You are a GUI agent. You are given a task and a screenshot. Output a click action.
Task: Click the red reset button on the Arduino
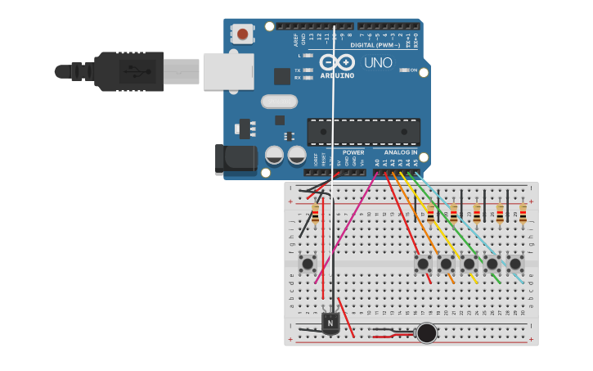[242, 34]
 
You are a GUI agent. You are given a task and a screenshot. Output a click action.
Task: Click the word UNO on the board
[378, 62]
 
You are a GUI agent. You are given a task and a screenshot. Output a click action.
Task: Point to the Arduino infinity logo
[336, 62]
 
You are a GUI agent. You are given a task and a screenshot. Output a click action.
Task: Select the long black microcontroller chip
[363, 131]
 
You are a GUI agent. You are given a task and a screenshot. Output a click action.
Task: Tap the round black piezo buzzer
[426, 333]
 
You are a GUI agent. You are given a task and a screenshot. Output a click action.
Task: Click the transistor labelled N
[330, 323]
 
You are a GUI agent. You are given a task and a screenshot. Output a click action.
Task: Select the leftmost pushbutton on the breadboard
[308, 263]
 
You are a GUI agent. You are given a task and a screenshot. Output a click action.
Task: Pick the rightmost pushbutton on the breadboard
[515, 264]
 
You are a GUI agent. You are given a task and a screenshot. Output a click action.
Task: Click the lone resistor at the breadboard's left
[315, 215]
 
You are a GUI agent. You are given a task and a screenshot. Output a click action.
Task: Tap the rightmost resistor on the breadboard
[523, 214]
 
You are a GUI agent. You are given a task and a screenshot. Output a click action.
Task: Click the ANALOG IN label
[401, 152]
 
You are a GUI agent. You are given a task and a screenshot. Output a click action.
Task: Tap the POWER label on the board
[353, 152]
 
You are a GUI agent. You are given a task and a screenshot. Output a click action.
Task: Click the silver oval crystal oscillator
[279, 102]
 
